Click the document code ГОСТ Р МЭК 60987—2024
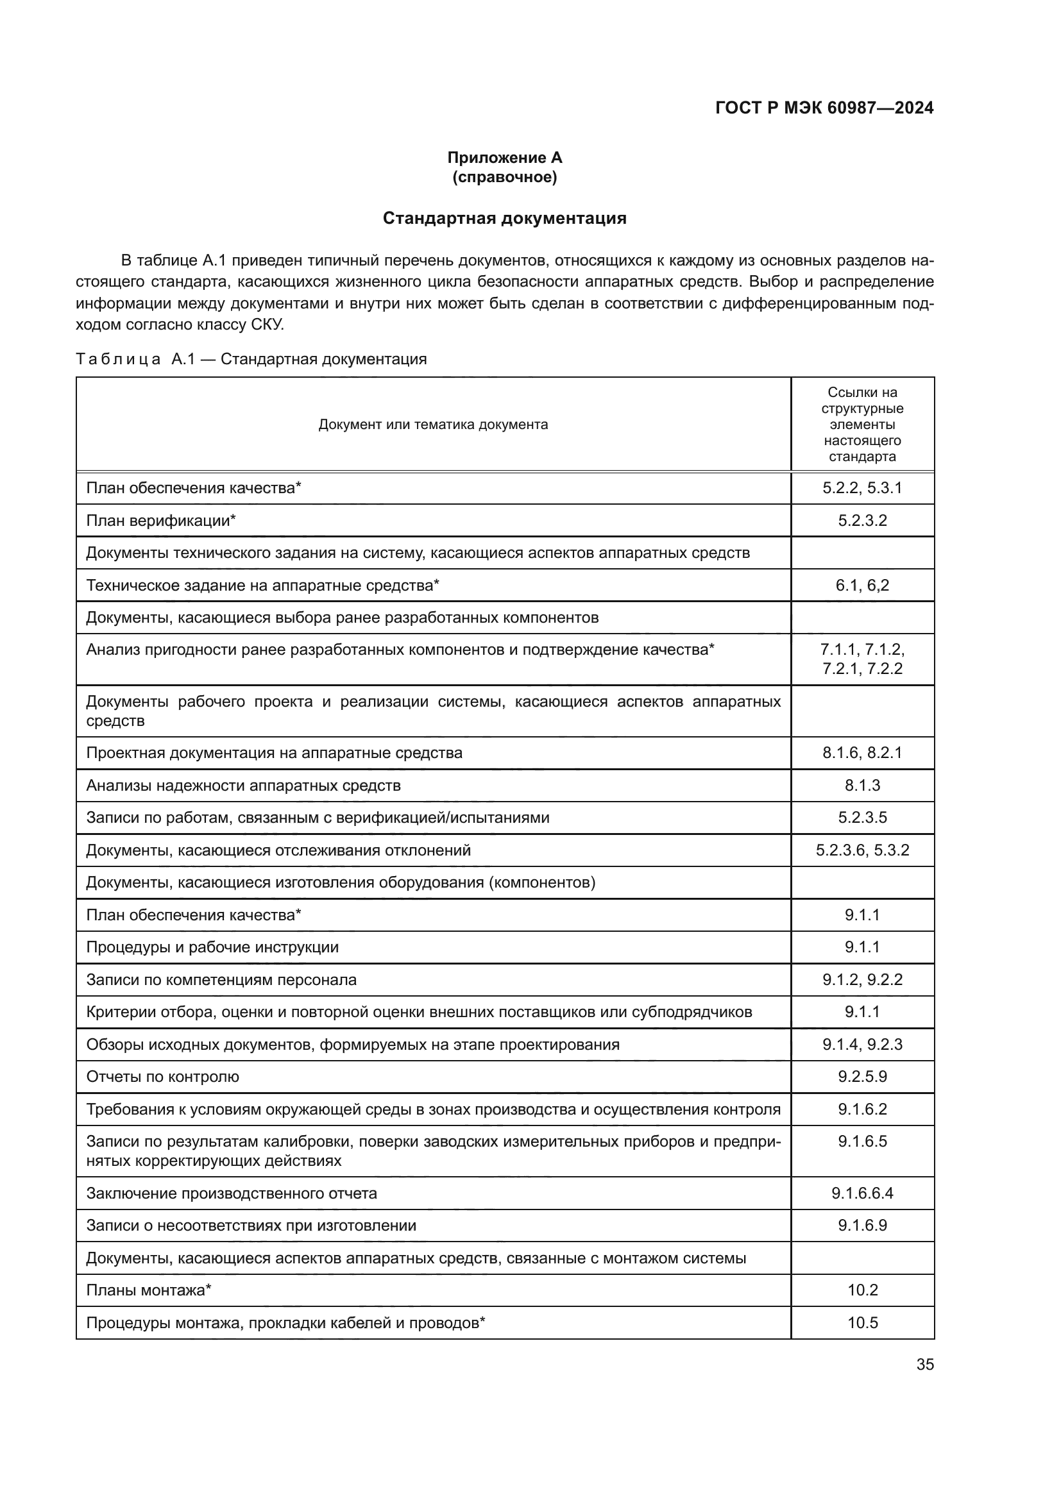(824, 108)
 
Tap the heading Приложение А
(504, 158)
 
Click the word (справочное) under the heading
(504, 177)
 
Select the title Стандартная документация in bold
(504, 218)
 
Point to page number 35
(924, 1364)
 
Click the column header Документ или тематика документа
(433, 425)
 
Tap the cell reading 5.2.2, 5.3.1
(862, 488)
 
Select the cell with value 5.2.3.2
(862, 521)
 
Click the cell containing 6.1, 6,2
(862, 586)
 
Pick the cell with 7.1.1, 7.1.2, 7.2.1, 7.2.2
(862, 659)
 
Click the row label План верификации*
(161, 521)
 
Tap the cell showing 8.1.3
(862, 786)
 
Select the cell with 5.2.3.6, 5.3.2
(862, 850)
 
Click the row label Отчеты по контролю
(163, 1077)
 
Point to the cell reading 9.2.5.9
(862, 1077)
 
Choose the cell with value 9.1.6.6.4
(862, 1193)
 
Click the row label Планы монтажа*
(149, 1290)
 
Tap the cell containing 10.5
(862, 1323)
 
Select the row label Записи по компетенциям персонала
(221, 980)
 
